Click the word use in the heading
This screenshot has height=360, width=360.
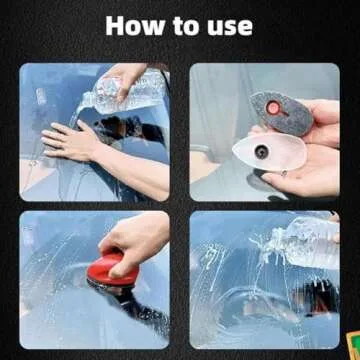tap(227, 26)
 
